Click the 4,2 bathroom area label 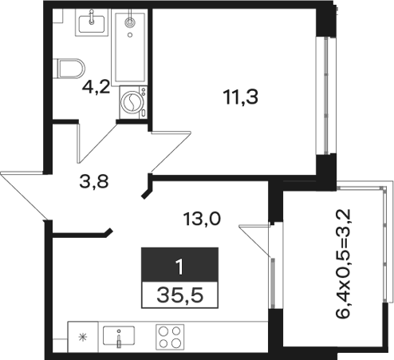tap(96, 87)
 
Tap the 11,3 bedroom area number tap(241, 97)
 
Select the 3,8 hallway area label tap(94, 182)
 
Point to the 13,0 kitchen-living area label tap(202, 220)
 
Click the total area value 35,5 tap(180, 295)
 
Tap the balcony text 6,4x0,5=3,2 tap(344, 264)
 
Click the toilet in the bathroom tap(69, 69)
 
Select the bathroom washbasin tap(92, 22)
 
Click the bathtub tap(129, 47)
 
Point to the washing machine tap(133, 102)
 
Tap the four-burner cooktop tap(170, 337)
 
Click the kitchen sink tap(119, 336)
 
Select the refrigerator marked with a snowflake tap(83, 337)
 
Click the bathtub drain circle tap(130, 34)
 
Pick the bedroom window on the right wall tap(325, 95)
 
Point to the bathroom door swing tap(98, 142)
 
